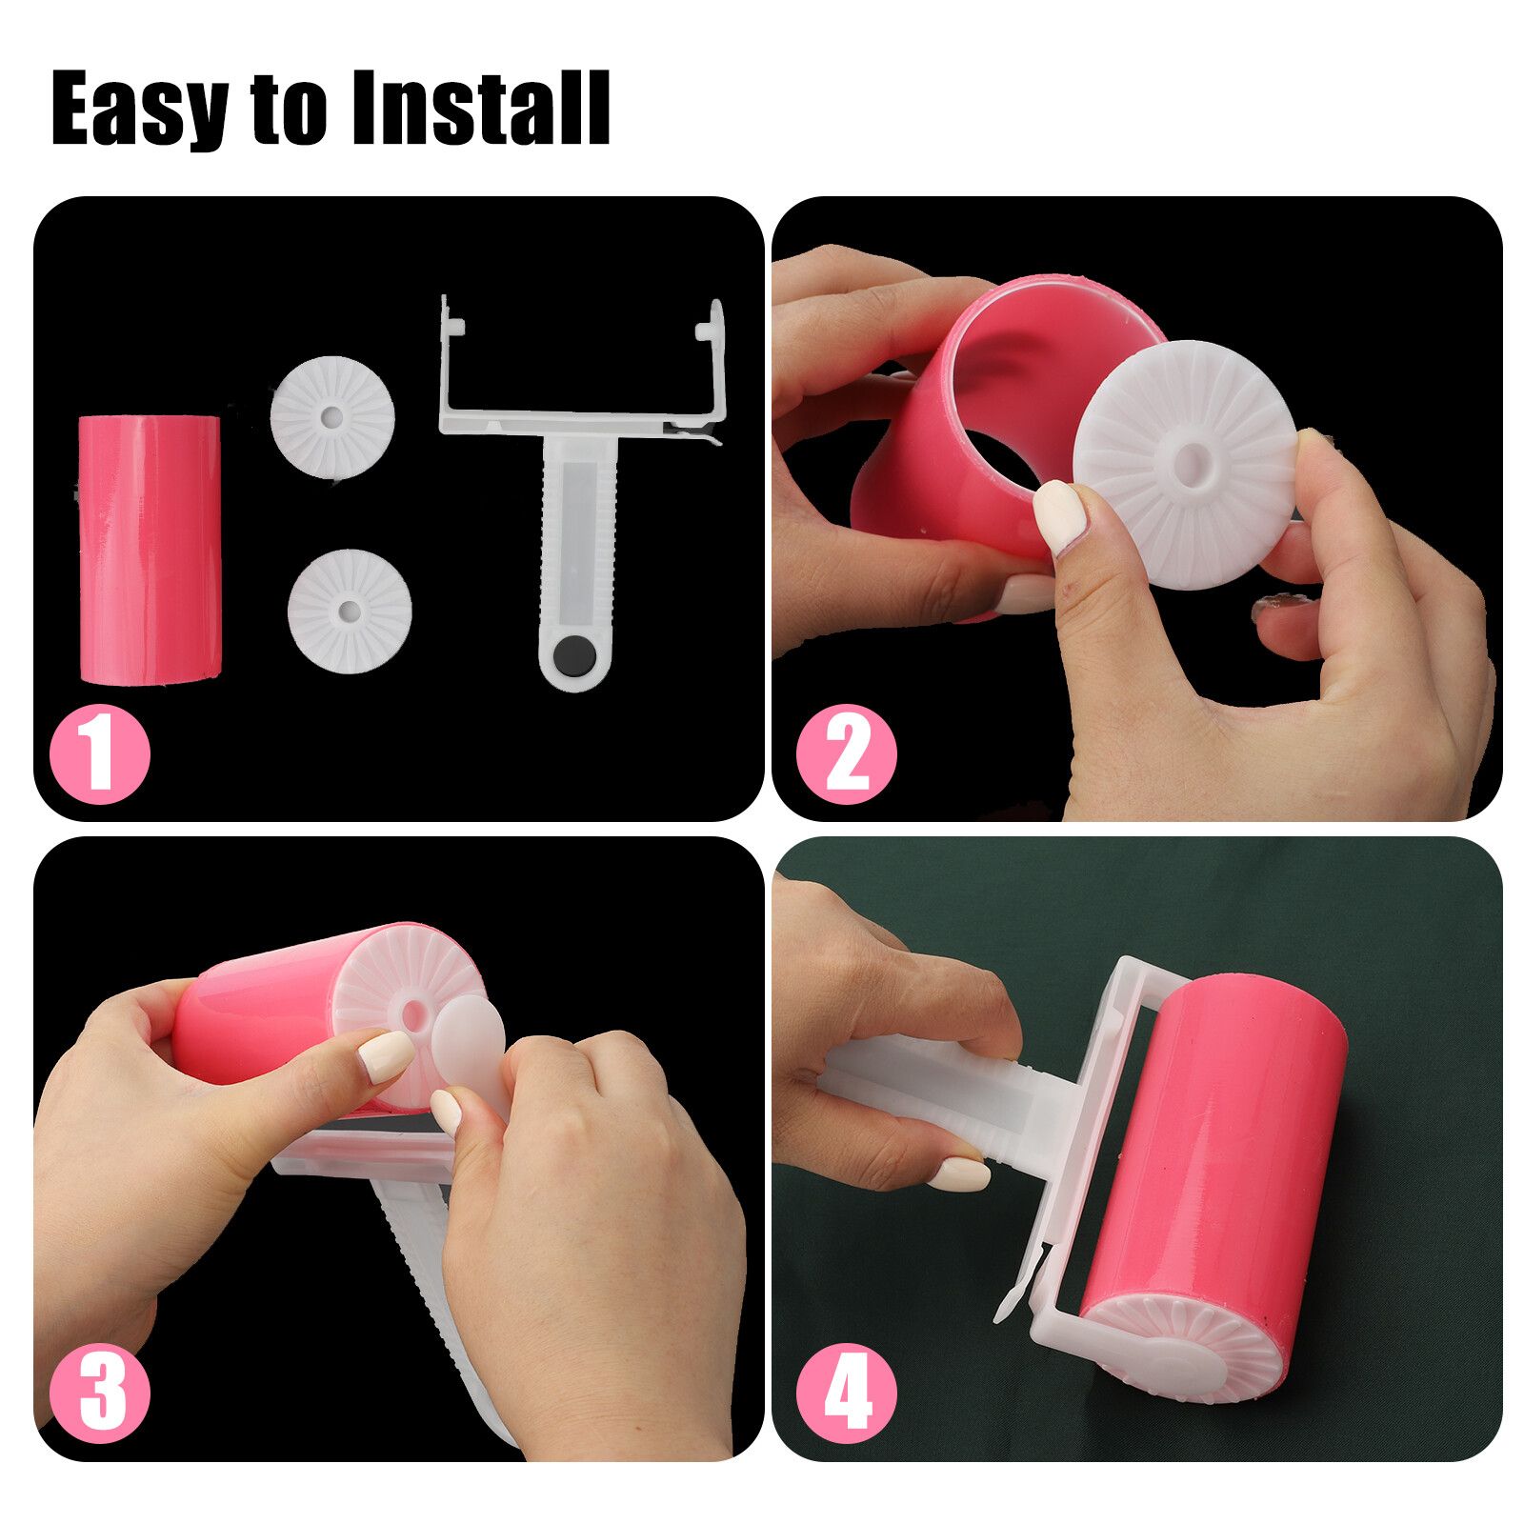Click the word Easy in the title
click(x=138, y=110)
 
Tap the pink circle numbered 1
click(x=99, y=753)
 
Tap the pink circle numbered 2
click(x=846, y=753)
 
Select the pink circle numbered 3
click(x=99, y=1394)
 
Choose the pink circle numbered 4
click(x=846, y=1394)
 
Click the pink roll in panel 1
click(x=150, y=550)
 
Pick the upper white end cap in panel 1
click(x=331, y=417)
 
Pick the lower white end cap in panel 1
click(x=350, y=611)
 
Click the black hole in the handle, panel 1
click(x=573, y=655)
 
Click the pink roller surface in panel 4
click(x=1219, y=1153)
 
